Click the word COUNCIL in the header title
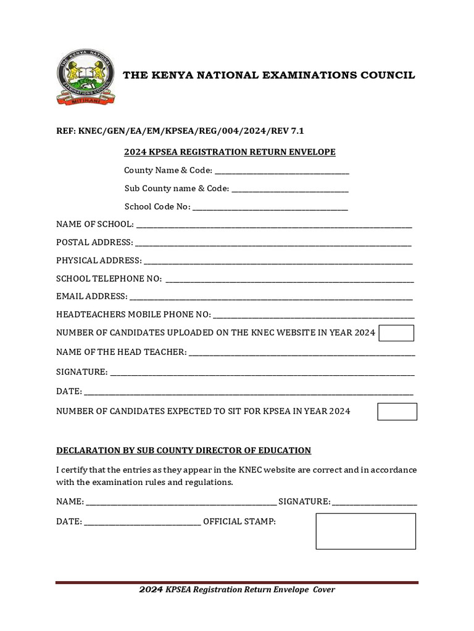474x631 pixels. coord(389,75)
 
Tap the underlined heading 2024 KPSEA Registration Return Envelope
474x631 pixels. coord(230,152)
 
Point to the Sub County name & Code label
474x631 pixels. coord(177,189)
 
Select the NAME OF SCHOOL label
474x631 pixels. coord(94,224)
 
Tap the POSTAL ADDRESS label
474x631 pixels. coord(94,242)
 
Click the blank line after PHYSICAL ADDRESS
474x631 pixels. coord(278,261)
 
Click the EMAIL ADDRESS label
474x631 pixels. coord(92,296)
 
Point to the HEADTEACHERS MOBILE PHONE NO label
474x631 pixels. coord(133,315)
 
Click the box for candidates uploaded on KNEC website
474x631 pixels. coord(396,333)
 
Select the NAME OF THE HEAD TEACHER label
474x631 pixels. coord(121,352)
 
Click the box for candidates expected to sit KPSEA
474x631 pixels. coord(397,412)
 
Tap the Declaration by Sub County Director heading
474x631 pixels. coord(183,450)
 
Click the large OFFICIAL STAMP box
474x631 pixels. coord(365,531)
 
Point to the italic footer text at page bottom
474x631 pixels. coord(237,590)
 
